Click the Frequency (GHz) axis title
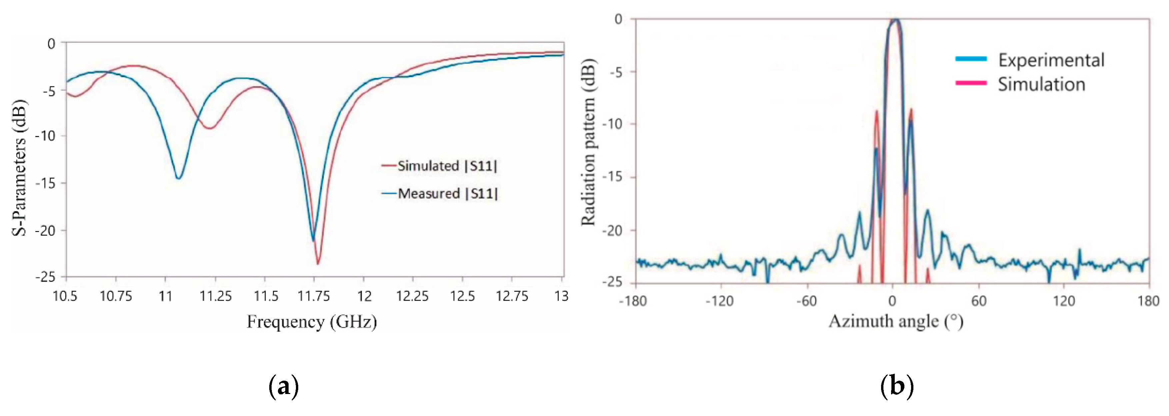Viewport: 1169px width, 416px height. click(312, 322)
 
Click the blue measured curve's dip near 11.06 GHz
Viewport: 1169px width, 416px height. click(179, 178)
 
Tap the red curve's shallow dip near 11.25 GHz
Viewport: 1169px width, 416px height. click(209, 129)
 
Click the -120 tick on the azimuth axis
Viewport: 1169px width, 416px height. click(720, 301)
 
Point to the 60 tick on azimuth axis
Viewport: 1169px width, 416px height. click(979, 301)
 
